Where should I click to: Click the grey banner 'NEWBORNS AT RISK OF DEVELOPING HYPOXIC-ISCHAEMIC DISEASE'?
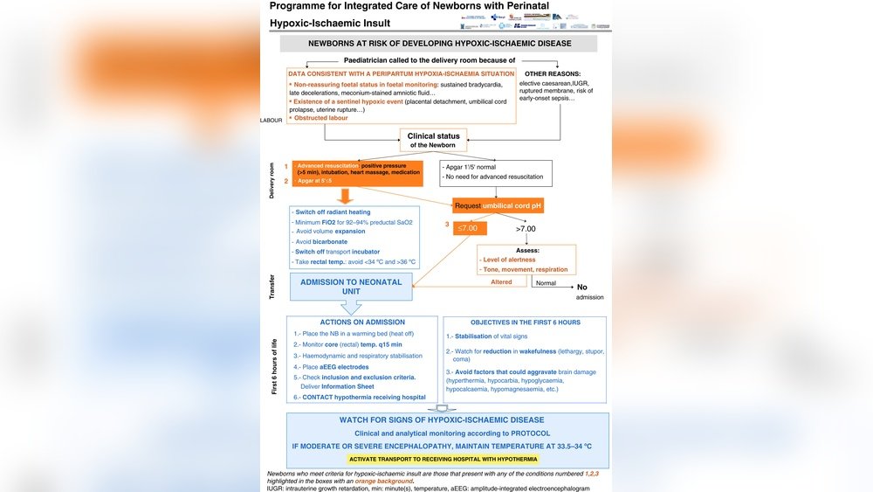(x=439, y=43)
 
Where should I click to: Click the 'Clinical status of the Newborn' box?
(x=433, y=140)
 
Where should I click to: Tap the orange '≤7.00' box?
(x=471, y=228)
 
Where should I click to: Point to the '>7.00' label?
(x=527, y=228)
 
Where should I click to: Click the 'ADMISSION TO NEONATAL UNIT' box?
(x=351, y=288)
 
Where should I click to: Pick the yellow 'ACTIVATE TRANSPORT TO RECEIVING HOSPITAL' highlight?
(x=443, y=459)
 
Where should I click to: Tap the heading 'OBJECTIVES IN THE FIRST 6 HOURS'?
(x=526, y=322)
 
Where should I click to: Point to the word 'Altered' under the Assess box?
(x=502, y=282)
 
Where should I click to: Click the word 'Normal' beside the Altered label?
(x=546, y=283)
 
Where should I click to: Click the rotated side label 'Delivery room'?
(x=272, y=179)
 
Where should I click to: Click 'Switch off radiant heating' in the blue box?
(x=333, y=212)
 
